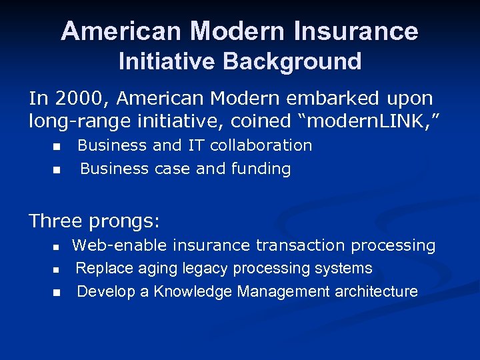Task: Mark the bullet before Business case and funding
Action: [x=58, y=170]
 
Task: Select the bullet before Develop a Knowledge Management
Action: [x=58, y=292]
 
